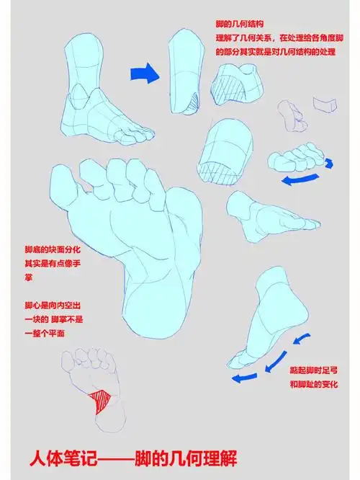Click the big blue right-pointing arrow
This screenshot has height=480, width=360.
point(143,72)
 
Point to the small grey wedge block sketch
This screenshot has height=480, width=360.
point(327,105)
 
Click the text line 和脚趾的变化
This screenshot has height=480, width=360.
point(314,386)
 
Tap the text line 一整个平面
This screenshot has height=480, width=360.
point(45,333)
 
